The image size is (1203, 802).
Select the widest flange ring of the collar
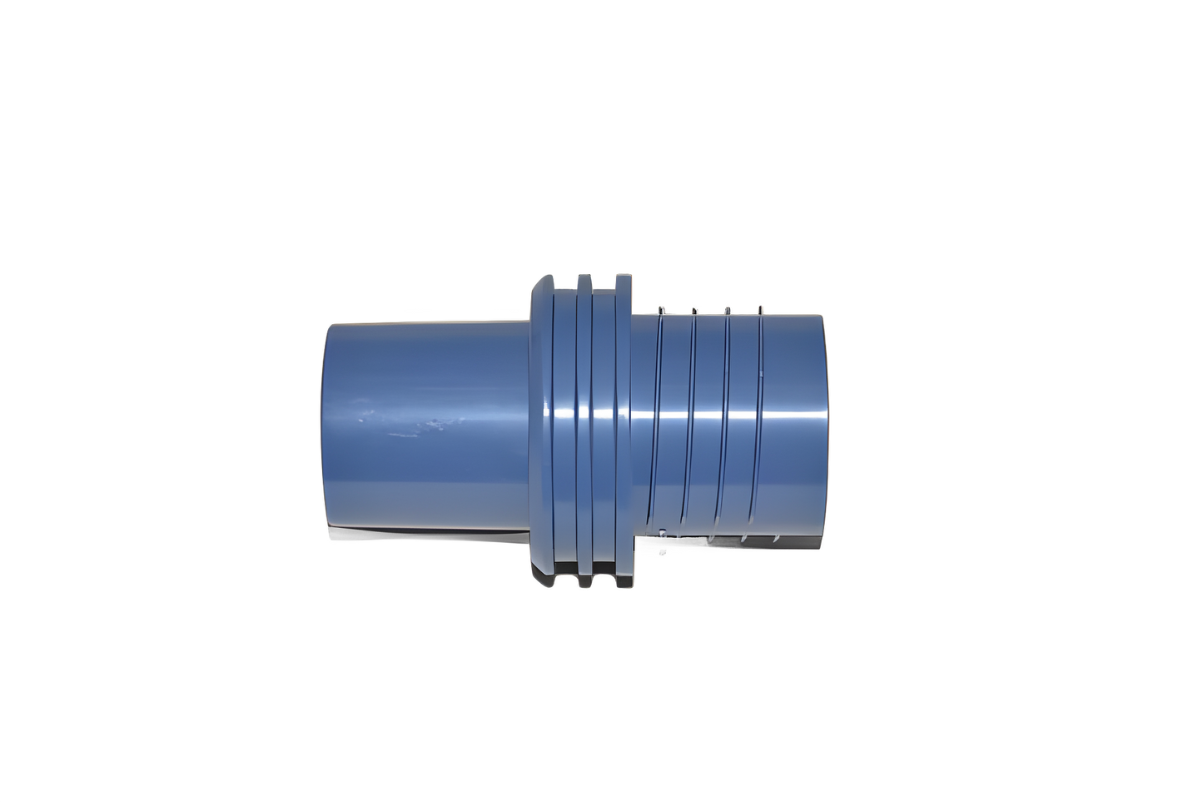(x=540, y=425)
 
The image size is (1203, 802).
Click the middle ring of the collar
(x=583, y=425)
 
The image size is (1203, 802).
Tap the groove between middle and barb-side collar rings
(x=602, y=425)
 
